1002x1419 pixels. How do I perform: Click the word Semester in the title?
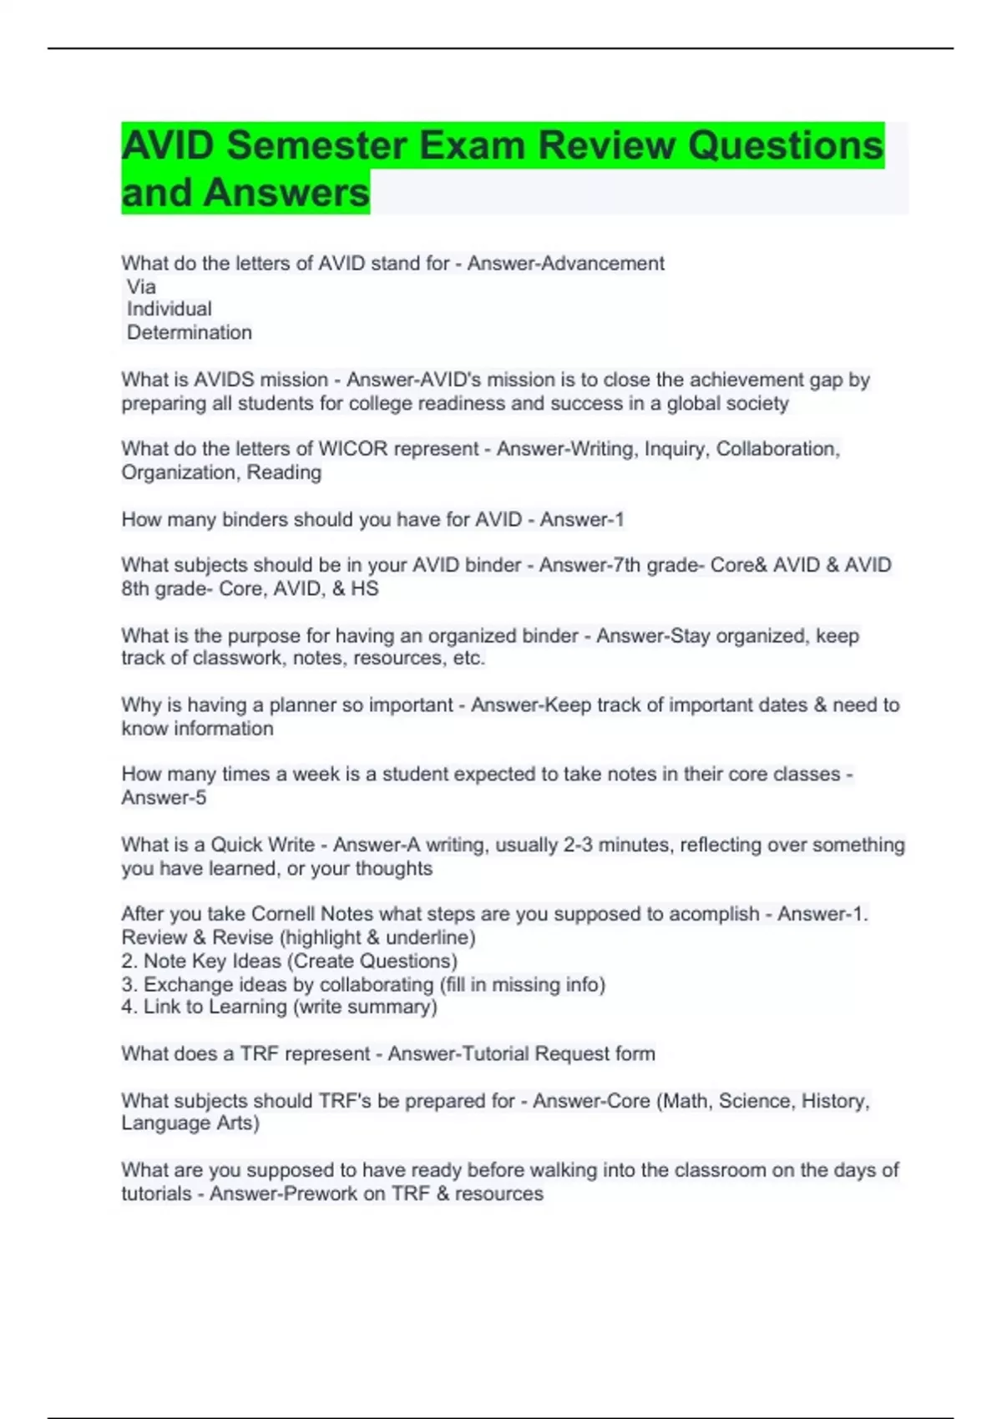(316, 145)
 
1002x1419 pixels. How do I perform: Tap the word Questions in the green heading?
(785, 145)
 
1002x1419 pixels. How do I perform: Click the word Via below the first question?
(141, 287)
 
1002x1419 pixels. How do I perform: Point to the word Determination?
(190, 333)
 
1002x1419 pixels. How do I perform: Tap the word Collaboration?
(776, 449)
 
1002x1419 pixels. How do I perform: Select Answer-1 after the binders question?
(581, 520)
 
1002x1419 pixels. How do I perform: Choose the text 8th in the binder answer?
(134, 589)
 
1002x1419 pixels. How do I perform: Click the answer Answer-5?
(164, 798)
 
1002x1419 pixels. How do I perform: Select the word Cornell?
(283, 914)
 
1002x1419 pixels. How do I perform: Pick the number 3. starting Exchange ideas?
(129, 985)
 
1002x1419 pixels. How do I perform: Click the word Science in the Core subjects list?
(756, 1101)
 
